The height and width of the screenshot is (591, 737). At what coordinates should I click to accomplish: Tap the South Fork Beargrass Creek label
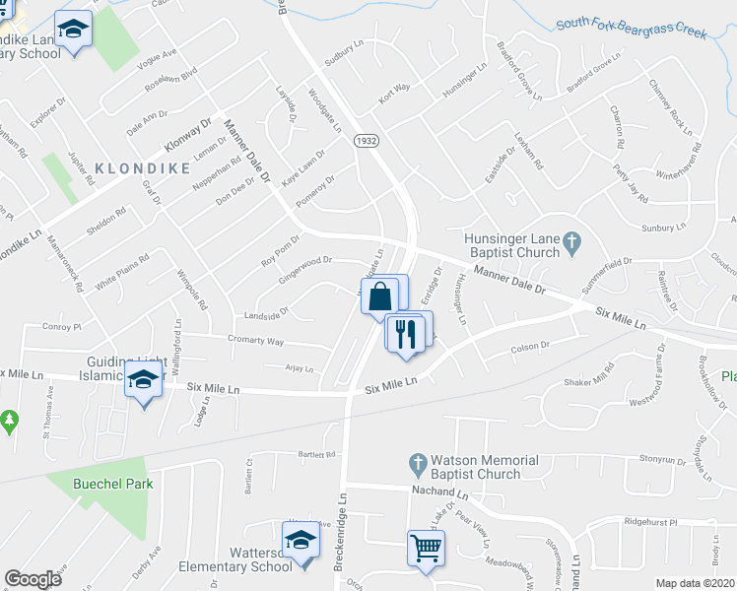(x=632, y=26)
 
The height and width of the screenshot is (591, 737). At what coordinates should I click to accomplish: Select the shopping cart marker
(x=426, y=547)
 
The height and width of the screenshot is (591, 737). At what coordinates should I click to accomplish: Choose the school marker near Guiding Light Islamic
(x=144, y=378)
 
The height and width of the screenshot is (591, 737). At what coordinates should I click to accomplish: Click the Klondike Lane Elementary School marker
(x=72, y=30)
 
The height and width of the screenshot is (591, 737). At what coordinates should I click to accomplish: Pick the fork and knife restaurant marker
(x=404, y=333)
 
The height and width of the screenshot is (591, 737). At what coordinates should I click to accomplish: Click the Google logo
(x=33, y=579)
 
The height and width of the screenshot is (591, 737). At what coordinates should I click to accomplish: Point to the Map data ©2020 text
(x=695, y=583)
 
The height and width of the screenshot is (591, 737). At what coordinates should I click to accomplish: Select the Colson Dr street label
(x=529, y=347)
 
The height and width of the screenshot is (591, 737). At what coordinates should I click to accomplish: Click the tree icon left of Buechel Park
(x=10, y=422)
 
